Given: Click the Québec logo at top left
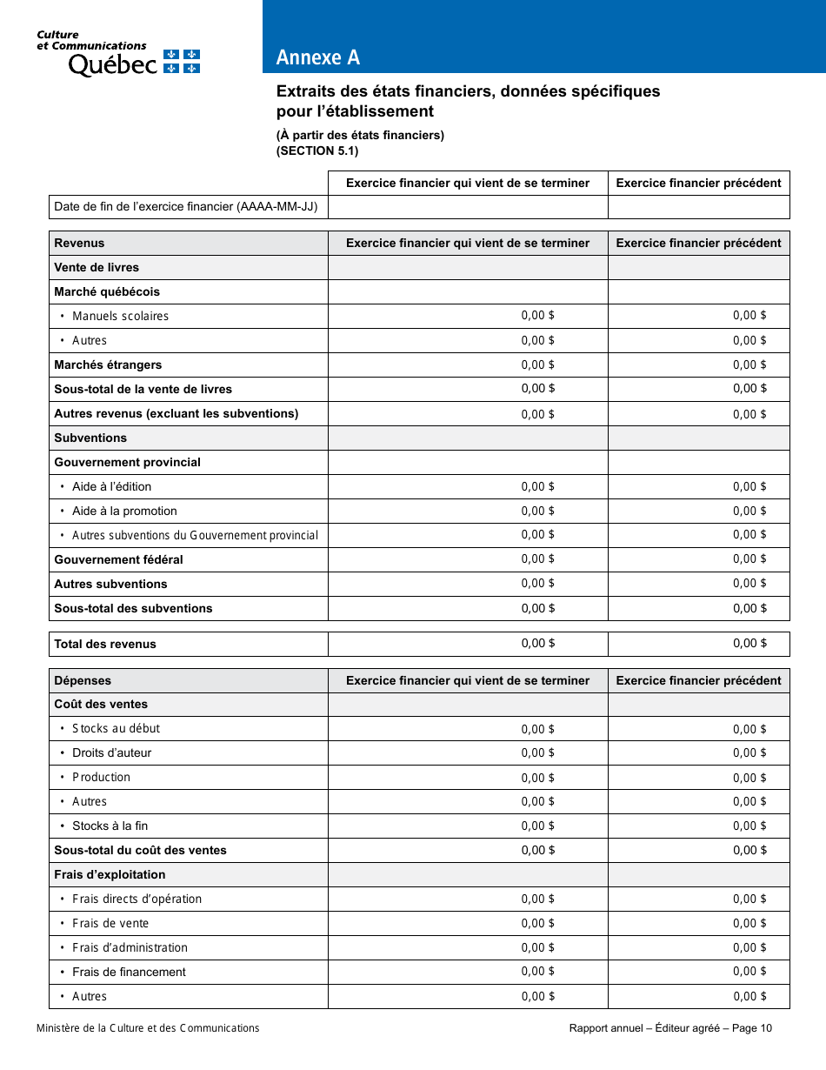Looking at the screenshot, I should [x=117, y=54].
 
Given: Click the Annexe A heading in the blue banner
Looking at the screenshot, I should [x=317, y=57].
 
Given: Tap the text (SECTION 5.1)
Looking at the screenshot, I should [x=316, y=150].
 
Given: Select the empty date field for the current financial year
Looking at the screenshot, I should [x=468, y=207].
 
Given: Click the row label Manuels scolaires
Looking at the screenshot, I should [x=120, y=316].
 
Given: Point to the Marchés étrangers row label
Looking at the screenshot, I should [x=108, y=364].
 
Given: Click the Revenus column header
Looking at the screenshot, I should [x=79, y=243].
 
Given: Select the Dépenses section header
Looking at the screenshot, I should [x=83, y=680].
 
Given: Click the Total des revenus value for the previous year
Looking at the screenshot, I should [x=749, y=644].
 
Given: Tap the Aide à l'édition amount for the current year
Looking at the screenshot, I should [x=537, y=486].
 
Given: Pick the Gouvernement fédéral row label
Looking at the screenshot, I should [x=118, y=559].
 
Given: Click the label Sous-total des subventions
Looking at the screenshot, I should [x=133, y=608].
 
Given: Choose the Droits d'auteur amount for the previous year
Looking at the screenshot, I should [x=749, y=752].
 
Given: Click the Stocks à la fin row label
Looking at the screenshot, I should [x=110, y=826].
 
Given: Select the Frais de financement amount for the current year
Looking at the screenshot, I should [x=537, y=972].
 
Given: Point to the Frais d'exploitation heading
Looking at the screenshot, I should [x=110, y=874].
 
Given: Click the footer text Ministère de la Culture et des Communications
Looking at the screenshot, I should [x=148, y=1028].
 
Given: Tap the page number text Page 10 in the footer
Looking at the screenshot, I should [x=752, y=1028].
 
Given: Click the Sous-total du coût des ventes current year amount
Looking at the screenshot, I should [x=537, y=850].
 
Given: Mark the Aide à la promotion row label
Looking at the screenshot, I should [x=124, y=511].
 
